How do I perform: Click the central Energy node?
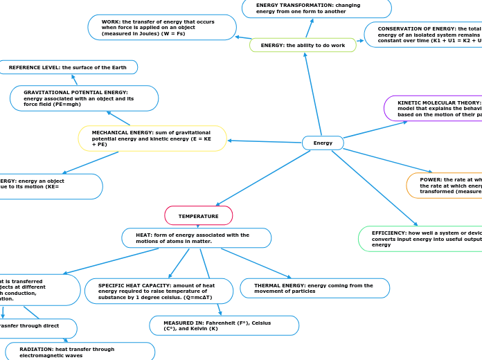[x=323, y=143]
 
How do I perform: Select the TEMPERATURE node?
[x=198, y=216]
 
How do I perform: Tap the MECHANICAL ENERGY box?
[x=152, y=138]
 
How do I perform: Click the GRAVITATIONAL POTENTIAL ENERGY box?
[x=84, y=98]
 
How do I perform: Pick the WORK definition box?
[x=162, y=28]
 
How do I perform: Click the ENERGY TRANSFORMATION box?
[x=316, y=8]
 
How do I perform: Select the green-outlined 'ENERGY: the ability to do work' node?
[x=303, y=45]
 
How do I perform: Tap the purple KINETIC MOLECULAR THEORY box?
[x=434, y=108]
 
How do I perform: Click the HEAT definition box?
[x=196, y=238]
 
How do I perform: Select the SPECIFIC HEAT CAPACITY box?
[x=159, y=291]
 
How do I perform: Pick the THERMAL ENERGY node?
[x=314, y=288]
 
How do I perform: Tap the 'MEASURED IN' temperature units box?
[x=224, y=325]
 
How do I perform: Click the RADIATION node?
[x=80, y=352]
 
